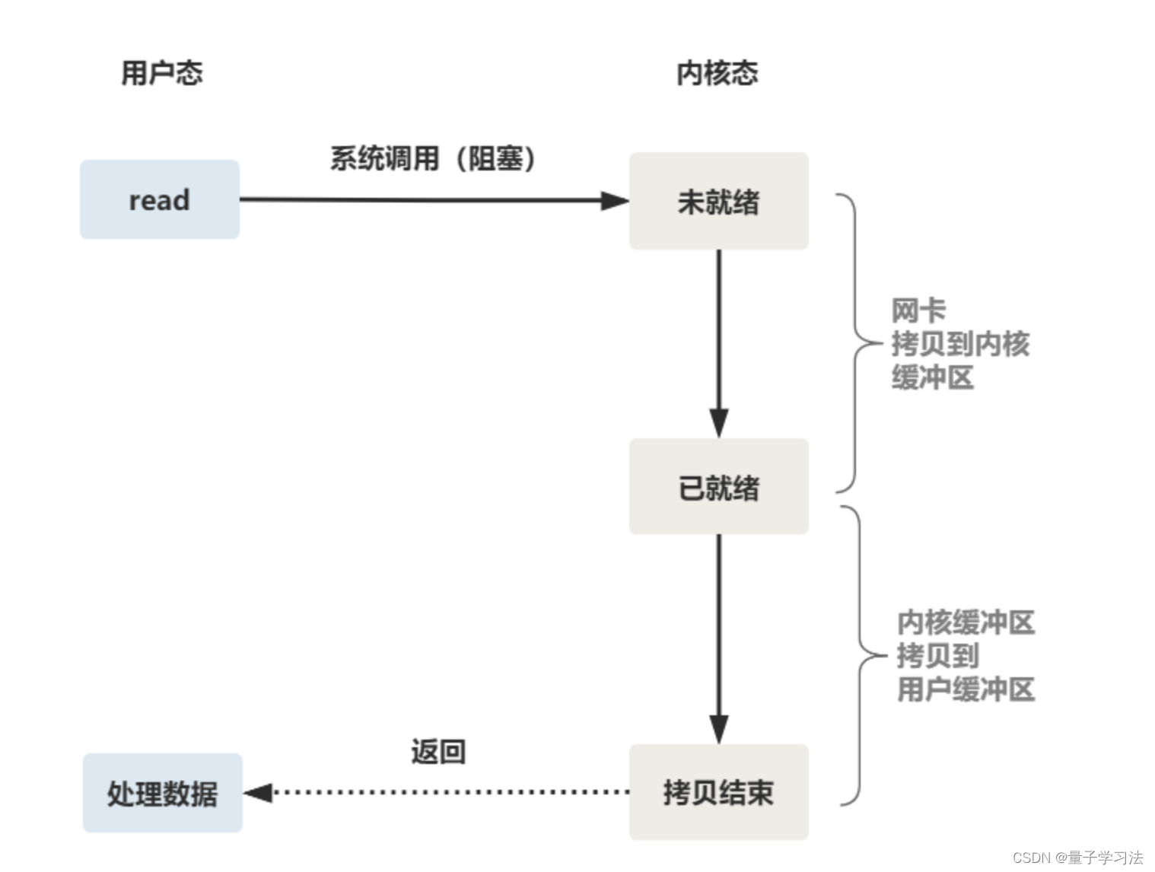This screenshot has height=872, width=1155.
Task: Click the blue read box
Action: pyautogui.click(x=159, y=200)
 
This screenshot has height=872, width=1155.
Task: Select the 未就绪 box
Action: pyautogui.click(x=718, y=202)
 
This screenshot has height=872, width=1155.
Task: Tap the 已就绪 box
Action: pyautogui.click(x=718, y=487)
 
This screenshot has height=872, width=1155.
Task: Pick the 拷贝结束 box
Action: pyautogui.click(x=718, y=792)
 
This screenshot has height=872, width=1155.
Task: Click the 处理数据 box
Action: pyautogui.click(x=162, y=793)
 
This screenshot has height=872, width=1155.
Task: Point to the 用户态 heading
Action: pyautogui.click(x=161, y=73)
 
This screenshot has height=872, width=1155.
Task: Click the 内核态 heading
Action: pyautogui.click(x=717, y=73)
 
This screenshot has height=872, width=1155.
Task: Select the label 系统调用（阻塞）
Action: pyautogui.click(x=433, y=159)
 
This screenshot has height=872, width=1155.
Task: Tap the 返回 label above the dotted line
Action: pyautogui.click(x=438, y=752)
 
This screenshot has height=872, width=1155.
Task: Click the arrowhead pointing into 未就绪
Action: pyautogui.click(x=615, y=201)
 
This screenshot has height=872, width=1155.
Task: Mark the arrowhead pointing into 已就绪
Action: pyautogui.click(x=719, y=422)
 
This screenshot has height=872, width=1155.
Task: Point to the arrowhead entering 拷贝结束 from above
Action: pyautogui.click(x=719, y=728)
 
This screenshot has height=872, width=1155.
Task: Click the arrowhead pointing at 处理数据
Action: pyautogui.click(x=259, y=793)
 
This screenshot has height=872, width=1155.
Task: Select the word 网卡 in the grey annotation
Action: pyautogui.click(x=918, y=310)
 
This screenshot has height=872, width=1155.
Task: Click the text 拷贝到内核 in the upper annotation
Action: pyautogui.click(x=960, y=344)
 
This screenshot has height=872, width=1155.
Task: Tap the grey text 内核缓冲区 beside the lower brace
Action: pyautogui.click(x=966, y=622)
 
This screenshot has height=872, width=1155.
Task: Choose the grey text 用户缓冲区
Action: pyautogui.click(x=966, y=689)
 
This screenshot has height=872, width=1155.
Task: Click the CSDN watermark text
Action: pyautogui.click(x=1077, y=858)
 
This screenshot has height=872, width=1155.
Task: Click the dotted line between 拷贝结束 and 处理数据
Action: pyautogui.click(x=449, y=793)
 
